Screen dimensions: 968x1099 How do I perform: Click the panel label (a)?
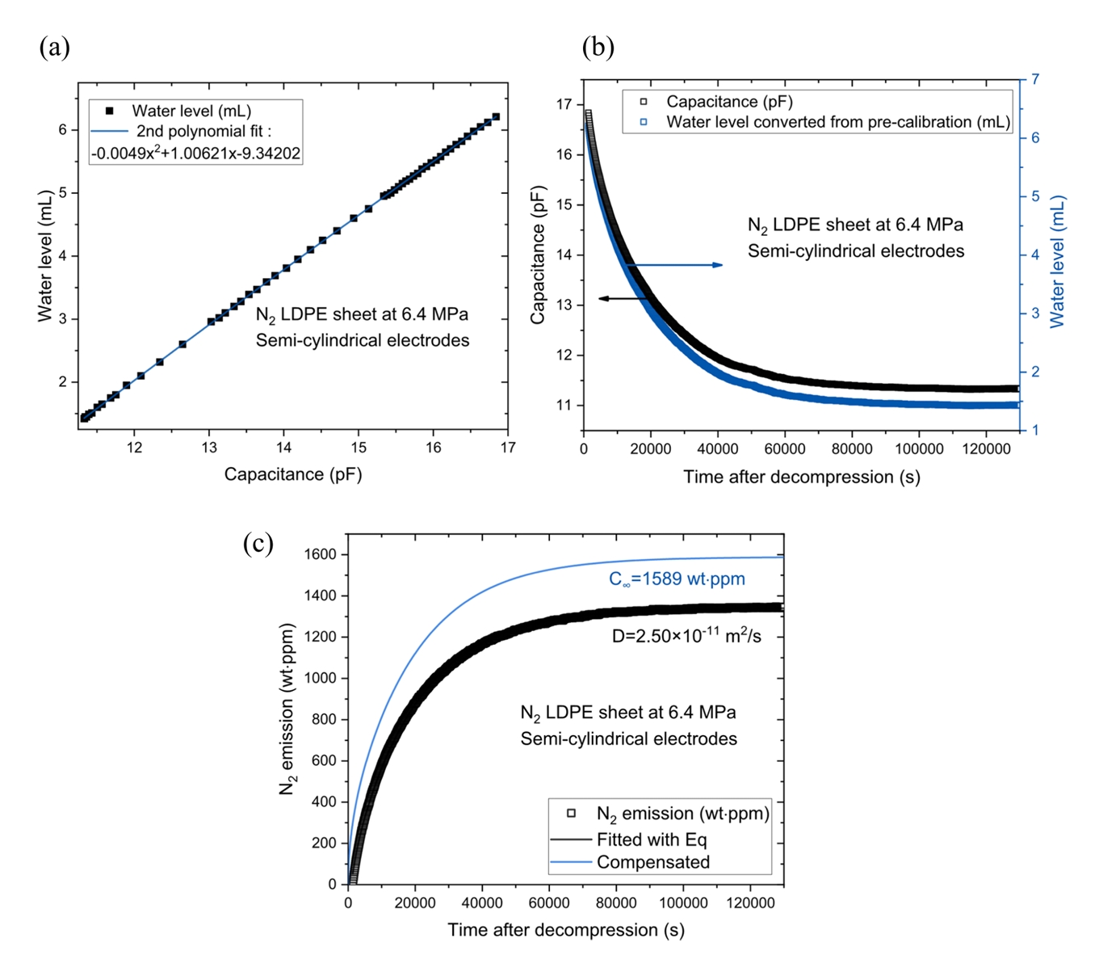coord(54,48)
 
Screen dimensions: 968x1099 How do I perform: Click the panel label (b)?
coord(598,48)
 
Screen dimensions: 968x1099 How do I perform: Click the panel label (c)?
coord(258,543)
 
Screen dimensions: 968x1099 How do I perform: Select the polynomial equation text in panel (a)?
coord(196,153)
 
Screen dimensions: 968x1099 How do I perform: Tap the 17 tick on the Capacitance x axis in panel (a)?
coord(508,447)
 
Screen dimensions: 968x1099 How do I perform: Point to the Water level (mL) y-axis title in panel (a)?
coord(45,256)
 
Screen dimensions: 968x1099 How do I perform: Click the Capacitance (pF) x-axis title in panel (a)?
coord(293,474)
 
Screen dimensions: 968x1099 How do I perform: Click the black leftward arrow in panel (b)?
coord(623,298)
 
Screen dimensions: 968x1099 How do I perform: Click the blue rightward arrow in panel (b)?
coord(675,265)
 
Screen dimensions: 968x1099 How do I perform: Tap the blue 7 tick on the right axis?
coord(1034,79)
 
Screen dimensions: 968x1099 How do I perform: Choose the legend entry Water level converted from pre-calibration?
coord(837,122)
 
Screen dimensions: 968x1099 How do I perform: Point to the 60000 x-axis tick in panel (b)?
coord(785,449)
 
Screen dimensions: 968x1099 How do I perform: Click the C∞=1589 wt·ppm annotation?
coord(677,579)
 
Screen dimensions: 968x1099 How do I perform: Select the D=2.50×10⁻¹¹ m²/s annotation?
coord(686,637)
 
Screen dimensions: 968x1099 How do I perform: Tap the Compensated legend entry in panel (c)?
coord(652,862)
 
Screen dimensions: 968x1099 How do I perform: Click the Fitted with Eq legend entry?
coord(652,840)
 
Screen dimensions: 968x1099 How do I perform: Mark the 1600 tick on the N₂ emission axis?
coord(321,554)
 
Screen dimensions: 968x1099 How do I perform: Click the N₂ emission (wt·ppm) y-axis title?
coord(287,709)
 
